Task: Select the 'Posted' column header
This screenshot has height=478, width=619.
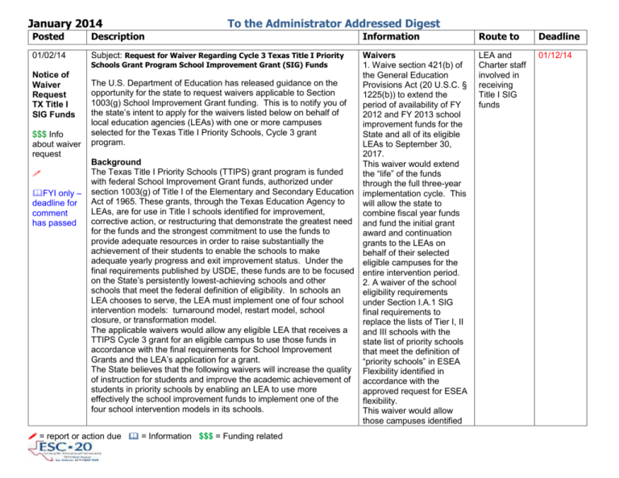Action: [28, 36]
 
